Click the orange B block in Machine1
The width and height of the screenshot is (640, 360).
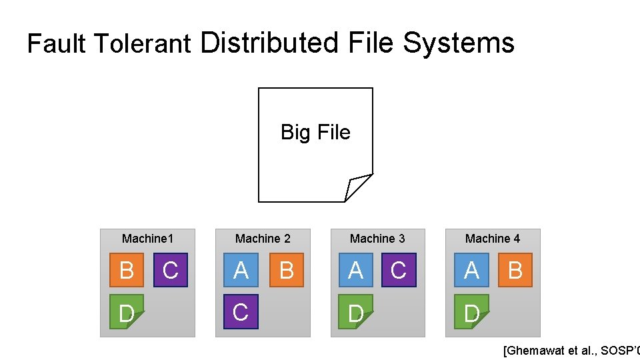[x=125, y=270]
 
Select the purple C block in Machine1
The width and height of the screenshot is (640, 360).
[x=171, y=270]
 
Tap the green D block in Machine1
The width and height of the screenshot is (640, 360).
[x=125, y=312]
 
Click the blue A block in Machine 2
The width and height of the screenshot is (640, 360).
[x=241, y=270]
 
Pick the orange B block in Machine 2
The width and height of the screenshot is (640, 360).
[x=287, y=270]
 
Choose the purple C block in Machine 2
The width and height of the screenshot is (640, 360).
[x=241, y=312]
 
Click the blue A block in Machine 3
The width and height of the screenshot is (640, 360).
[x=355, y=270]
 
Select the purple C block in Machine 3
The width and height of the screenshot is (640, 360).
[x=399, y=270]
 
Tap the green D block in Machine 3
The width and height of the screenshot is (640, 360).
[x=355, y=312]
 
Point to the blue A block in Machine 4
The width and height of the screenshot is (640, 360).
[x=471, y=270]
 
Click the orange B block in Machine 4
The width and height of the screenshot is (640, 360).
[x=515, y=270]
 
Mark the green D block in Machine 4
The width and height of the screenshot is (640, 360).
[x=471, y=312]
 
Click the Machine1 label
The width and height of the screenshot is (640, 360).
[x=147, y=239]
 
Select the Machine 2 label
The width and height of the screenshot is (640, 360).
[x=263, y=239]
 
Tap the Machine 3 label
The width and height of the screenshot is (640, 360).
[x=377, y=239]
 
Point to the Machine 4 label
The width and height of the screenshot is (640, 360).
[x=493, y=239]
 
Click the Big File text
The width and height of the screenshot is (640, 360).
[x=315, y=132]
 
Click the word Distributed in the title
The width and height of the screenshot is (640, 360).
[x=269, y=43]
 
